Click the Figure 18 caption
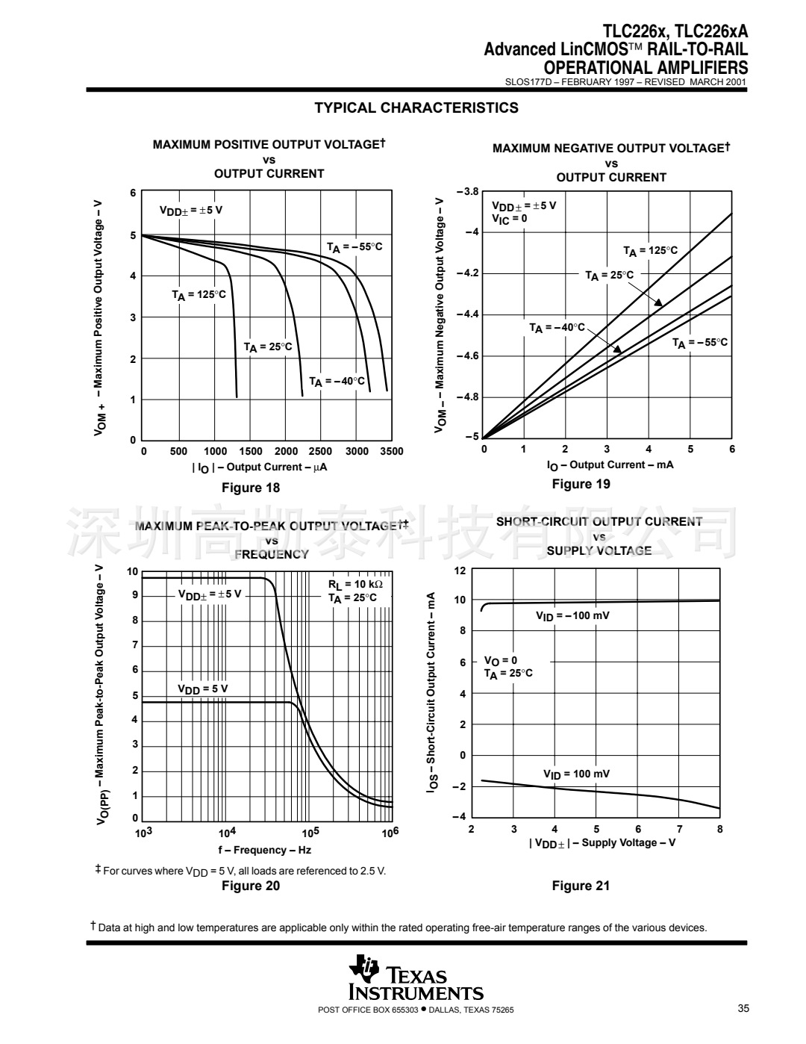coord(251,488)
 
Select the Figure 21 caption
coord(581,886)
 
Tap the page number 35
coord(743,1009)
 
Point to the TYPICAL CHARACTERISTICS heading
coord(416,108)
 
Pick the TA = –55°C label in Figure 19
coord(699,343)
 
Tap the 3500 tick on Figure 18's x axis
coord(391,451)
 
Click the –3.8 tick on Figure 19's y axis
coord(467,192)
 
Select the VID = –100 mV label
coord(572,616)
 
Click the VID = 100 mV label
coord(575,774)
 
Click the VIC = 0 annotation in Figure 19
coord(509,219)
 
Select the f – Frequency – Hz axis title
coord(264,850)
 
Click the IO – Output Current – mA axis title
coord(610,465)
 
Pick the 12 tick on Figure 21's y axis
coord(460,571)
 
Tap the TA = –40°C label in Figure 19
coord(557,328)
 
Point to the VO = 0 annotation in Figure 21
coord(500,661)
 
